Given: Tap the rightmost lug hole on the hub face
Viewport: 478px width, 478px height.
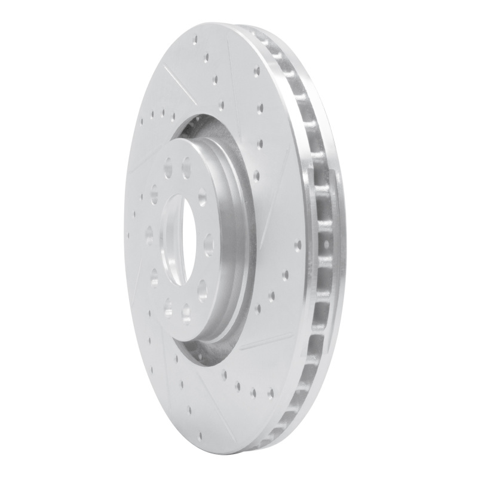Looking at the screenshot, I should (209, 244).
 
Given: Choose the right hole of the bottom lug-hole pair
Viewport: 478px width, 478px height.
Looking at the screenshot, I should (186, 311).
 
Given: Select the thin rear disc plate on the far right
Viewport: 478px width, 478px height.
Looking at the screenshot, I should (335, 239).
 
